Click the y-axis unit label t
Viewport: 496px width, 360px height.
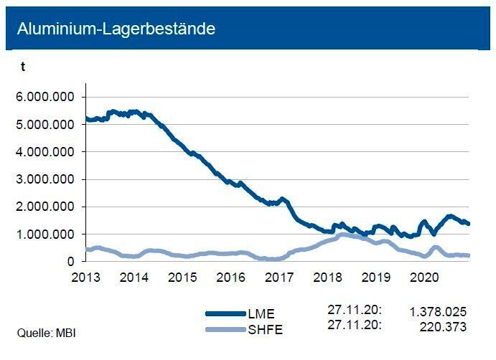pyautogui.click(x=23, y=67)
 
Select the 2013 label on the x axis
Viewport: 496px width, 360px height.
pyautogui.click(x=85, y=276)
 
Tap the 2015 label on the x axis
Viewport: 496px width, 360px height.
pyautogui.click(x=182, y=276)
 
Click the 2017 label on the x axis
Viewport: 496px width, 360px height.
pyautogui.click(x=279, y=276)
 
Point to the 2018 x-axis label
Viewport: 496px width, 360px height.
pyautogui.click(x=328, y=276)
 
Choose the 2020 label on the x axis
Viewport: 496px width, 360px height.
pyautogui.click(x=425, y=276)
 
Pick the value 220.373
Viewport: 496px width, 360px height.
pyautogui.click(x=443, y=326)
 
